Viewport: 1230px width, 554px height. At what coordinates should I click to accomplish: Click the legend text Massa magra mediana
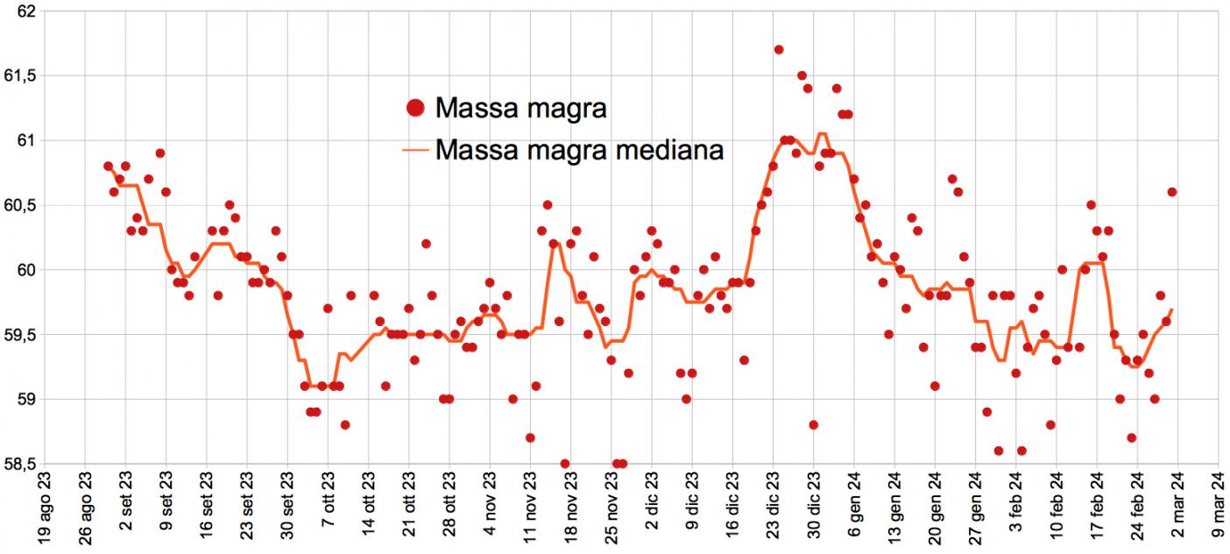click(579, 150)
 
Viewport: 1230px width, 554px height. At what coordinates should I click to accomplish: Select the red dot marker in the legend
click(416, 109)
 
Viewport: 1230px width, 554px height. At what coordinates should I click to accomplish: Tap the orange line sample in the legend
click(416, 151)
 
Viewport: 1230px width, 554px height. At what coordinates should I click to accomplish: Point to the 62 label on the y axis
click(25, 11)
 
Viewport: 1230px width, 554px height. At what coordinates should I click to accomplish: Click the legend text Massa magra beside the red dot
click(520, 109)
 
